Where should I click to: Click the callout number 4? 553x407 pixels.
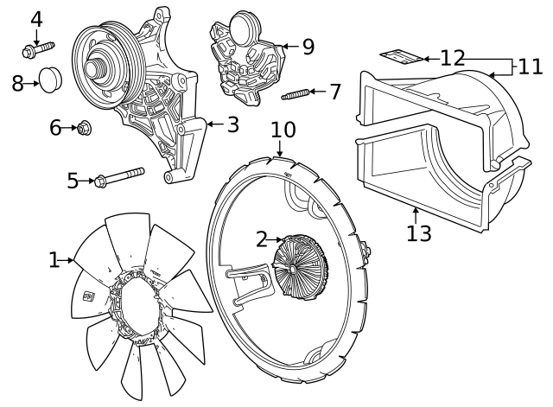(36, 18)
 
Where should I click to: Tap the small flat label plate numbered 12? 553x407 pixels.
(402, 57)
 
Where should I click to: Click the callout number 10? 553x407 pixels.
(283, 130)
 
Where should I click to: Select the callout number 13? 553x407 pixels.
(419, 233)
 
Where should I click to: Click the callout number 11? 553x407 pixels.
(531, 67)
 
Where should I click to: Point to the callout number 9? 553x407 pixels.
(308, 46)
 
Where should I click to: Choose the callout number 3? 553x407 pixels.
(232, 124)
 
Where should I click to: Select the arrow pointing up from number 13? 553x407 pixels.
(416, 213)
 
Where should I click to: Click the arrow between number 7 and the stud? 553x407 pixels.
(317, 92)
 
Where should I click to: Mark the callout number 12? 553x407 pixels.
(452, 58)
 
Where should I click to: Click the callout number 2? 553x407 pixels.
(262, 239)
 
